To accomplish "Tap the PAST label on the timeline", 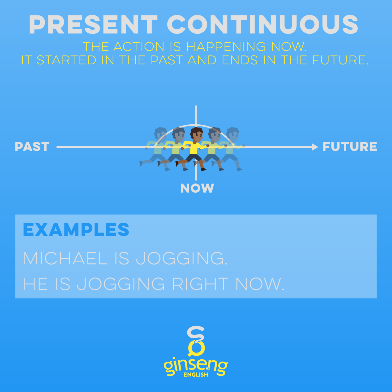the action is pos(32,147).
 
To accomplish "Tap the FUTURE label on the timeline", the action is pos(350,147).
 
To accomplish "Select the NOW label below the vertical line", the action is pos(197,188).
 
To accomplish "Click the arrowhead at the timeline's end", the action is pos(315,147).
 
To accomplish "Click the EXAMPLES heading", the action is pos(76,229).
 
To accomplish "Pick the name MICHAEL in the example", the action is pos(65,258).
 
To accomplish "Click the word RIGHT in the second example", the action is pos(200,284).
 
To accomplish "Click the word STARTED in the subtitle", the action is pos(66,60).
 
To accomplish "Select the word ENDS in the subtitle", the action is pos(240,60).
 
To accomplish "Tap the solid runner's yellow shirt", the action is pos(194,148).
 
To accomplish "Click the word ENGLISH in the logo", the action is pos(196,375).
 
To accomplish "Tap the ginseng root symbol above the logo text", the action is pos(196,341).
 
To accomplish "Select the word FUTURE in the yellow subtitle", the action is pos(340,60).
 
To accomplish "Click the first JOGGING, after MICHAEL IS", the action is pos(182,258).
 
